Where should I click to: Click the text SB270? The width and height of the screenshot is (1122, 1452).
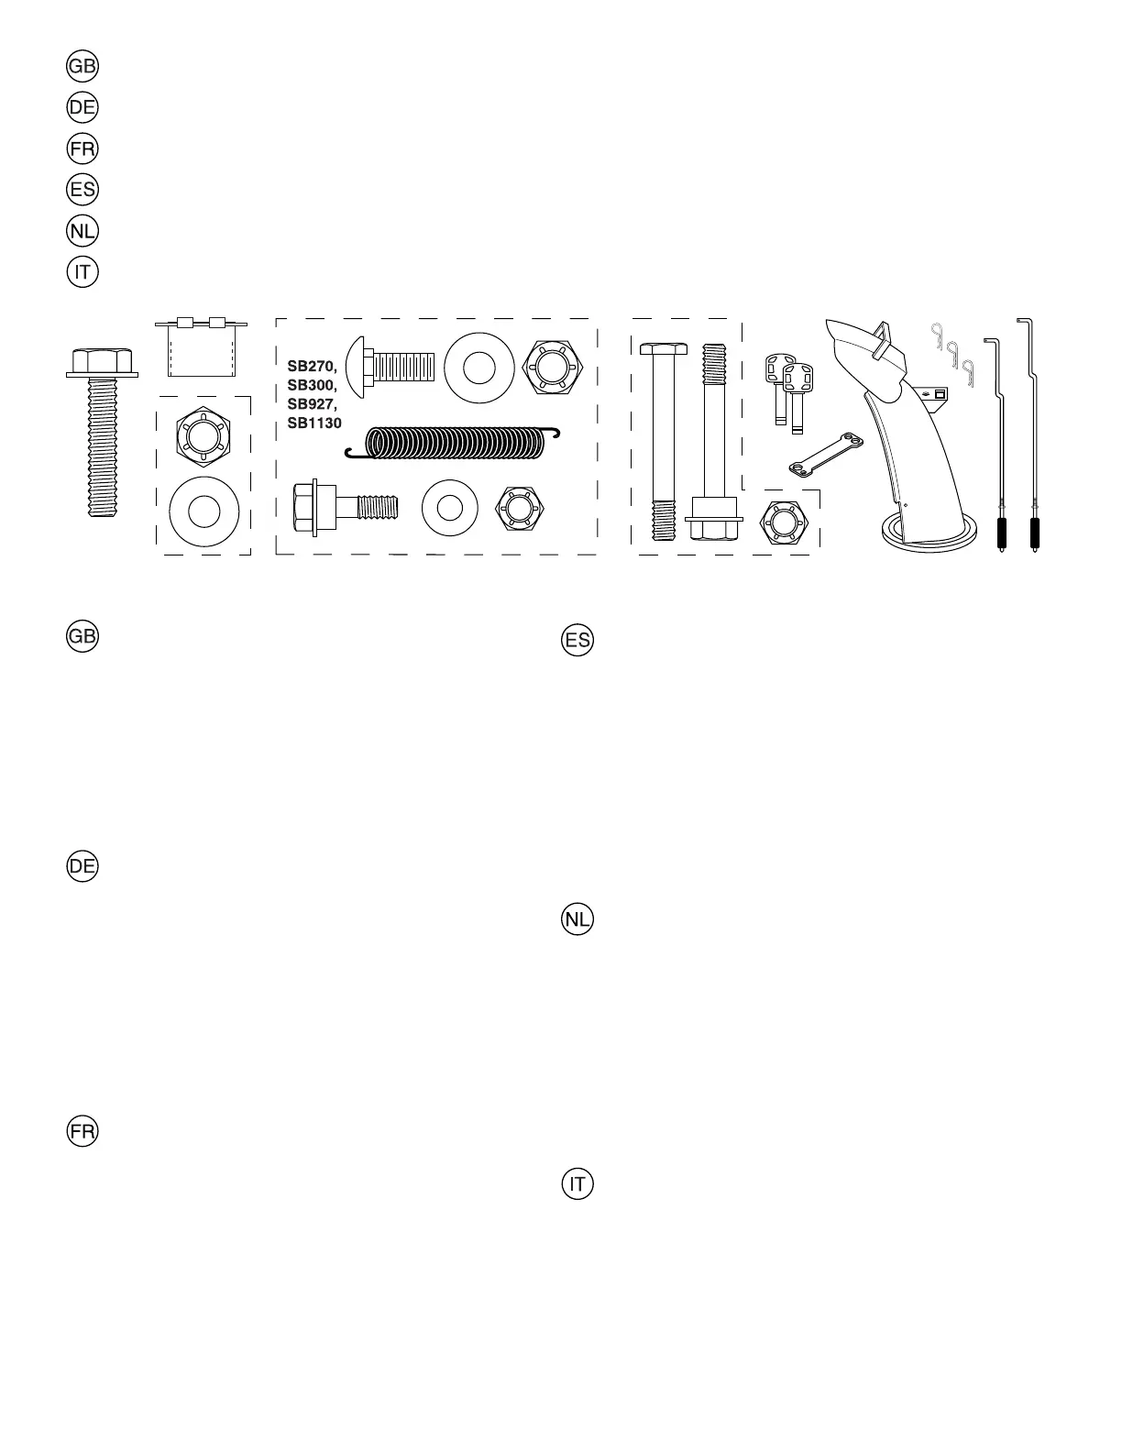(312, 367)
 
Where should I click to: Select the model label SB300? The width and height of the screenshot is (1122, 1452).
(312, 385)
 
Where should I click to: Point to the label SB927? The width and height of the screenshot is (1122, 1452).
(312, 404)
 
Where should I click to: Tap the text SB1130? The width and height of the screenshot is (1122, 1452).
(314, 423)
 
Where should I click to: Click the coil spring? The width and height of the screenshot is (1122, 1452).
(453, 443)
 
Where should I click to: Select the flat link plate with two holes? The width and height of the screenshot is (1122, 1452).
(826, 456)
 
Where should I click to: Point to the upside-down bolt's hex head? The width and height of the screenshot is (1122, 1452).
(714, 528)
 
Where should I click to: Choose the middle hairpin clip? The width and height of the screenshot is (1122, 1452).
(953, 352)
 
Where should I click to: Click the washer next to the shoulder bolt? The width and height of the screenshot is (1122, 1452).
(449, 507)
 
